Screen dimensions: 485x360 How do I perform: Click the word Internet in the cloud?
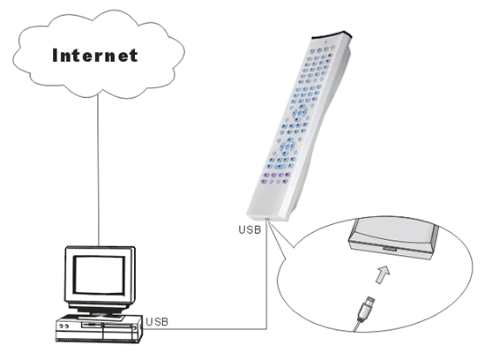pyautogui.click(x=95, y=56)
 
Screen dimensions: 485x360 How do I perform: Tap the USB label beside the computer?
pyautogui.click(x=157, y=322)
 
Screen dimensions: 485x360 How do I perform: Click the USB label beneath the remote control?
pyautogui.click(x=250, y=229)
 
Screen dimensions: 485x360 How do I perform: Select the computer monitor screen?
pyautogui.click(x=100, y=275)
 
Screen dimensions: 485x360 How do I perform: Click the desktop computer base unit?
pyautogui.click(x=100, y=329)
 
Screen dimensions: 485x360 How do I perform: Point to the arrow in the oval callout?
pyautogui.click(x=383, y=274)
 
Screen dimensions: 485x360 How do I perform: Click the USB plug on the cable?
pyautogui.click(x=366, y=309)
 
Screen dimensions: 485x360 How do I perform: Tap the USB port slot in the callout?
pyautogui.click(x=390, y=248)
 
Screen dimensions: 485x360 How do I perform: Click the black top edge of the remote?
pyautogui.click(x=332, y=34)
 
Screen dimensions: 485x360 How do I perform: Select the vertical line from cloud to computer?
pyautogui.click(x=99, y=170)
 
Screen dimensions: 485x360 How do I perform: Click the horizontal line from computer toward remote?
pyautogui.click(x=205, y=329)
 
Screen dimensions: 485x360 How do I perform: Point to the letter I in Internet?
pyautogui.click(x=55, y=56)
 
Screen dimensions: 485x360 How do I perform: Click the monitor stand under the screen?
pyautogui.click(x=100, y=310)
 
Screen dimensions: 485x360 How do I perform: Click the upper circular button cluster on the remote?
pyautogui.click(x=300, y=111)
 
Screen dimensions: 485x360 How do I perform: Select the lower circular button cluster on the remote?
pyautogui.click(x=287, y=146)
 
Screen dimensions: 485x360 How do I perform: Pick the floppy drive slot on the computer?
pyautogui.click(x=91, y=325)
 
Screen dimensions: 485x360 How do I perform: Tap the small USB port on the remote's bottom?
pyautogui.click(x=267, y=220)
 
